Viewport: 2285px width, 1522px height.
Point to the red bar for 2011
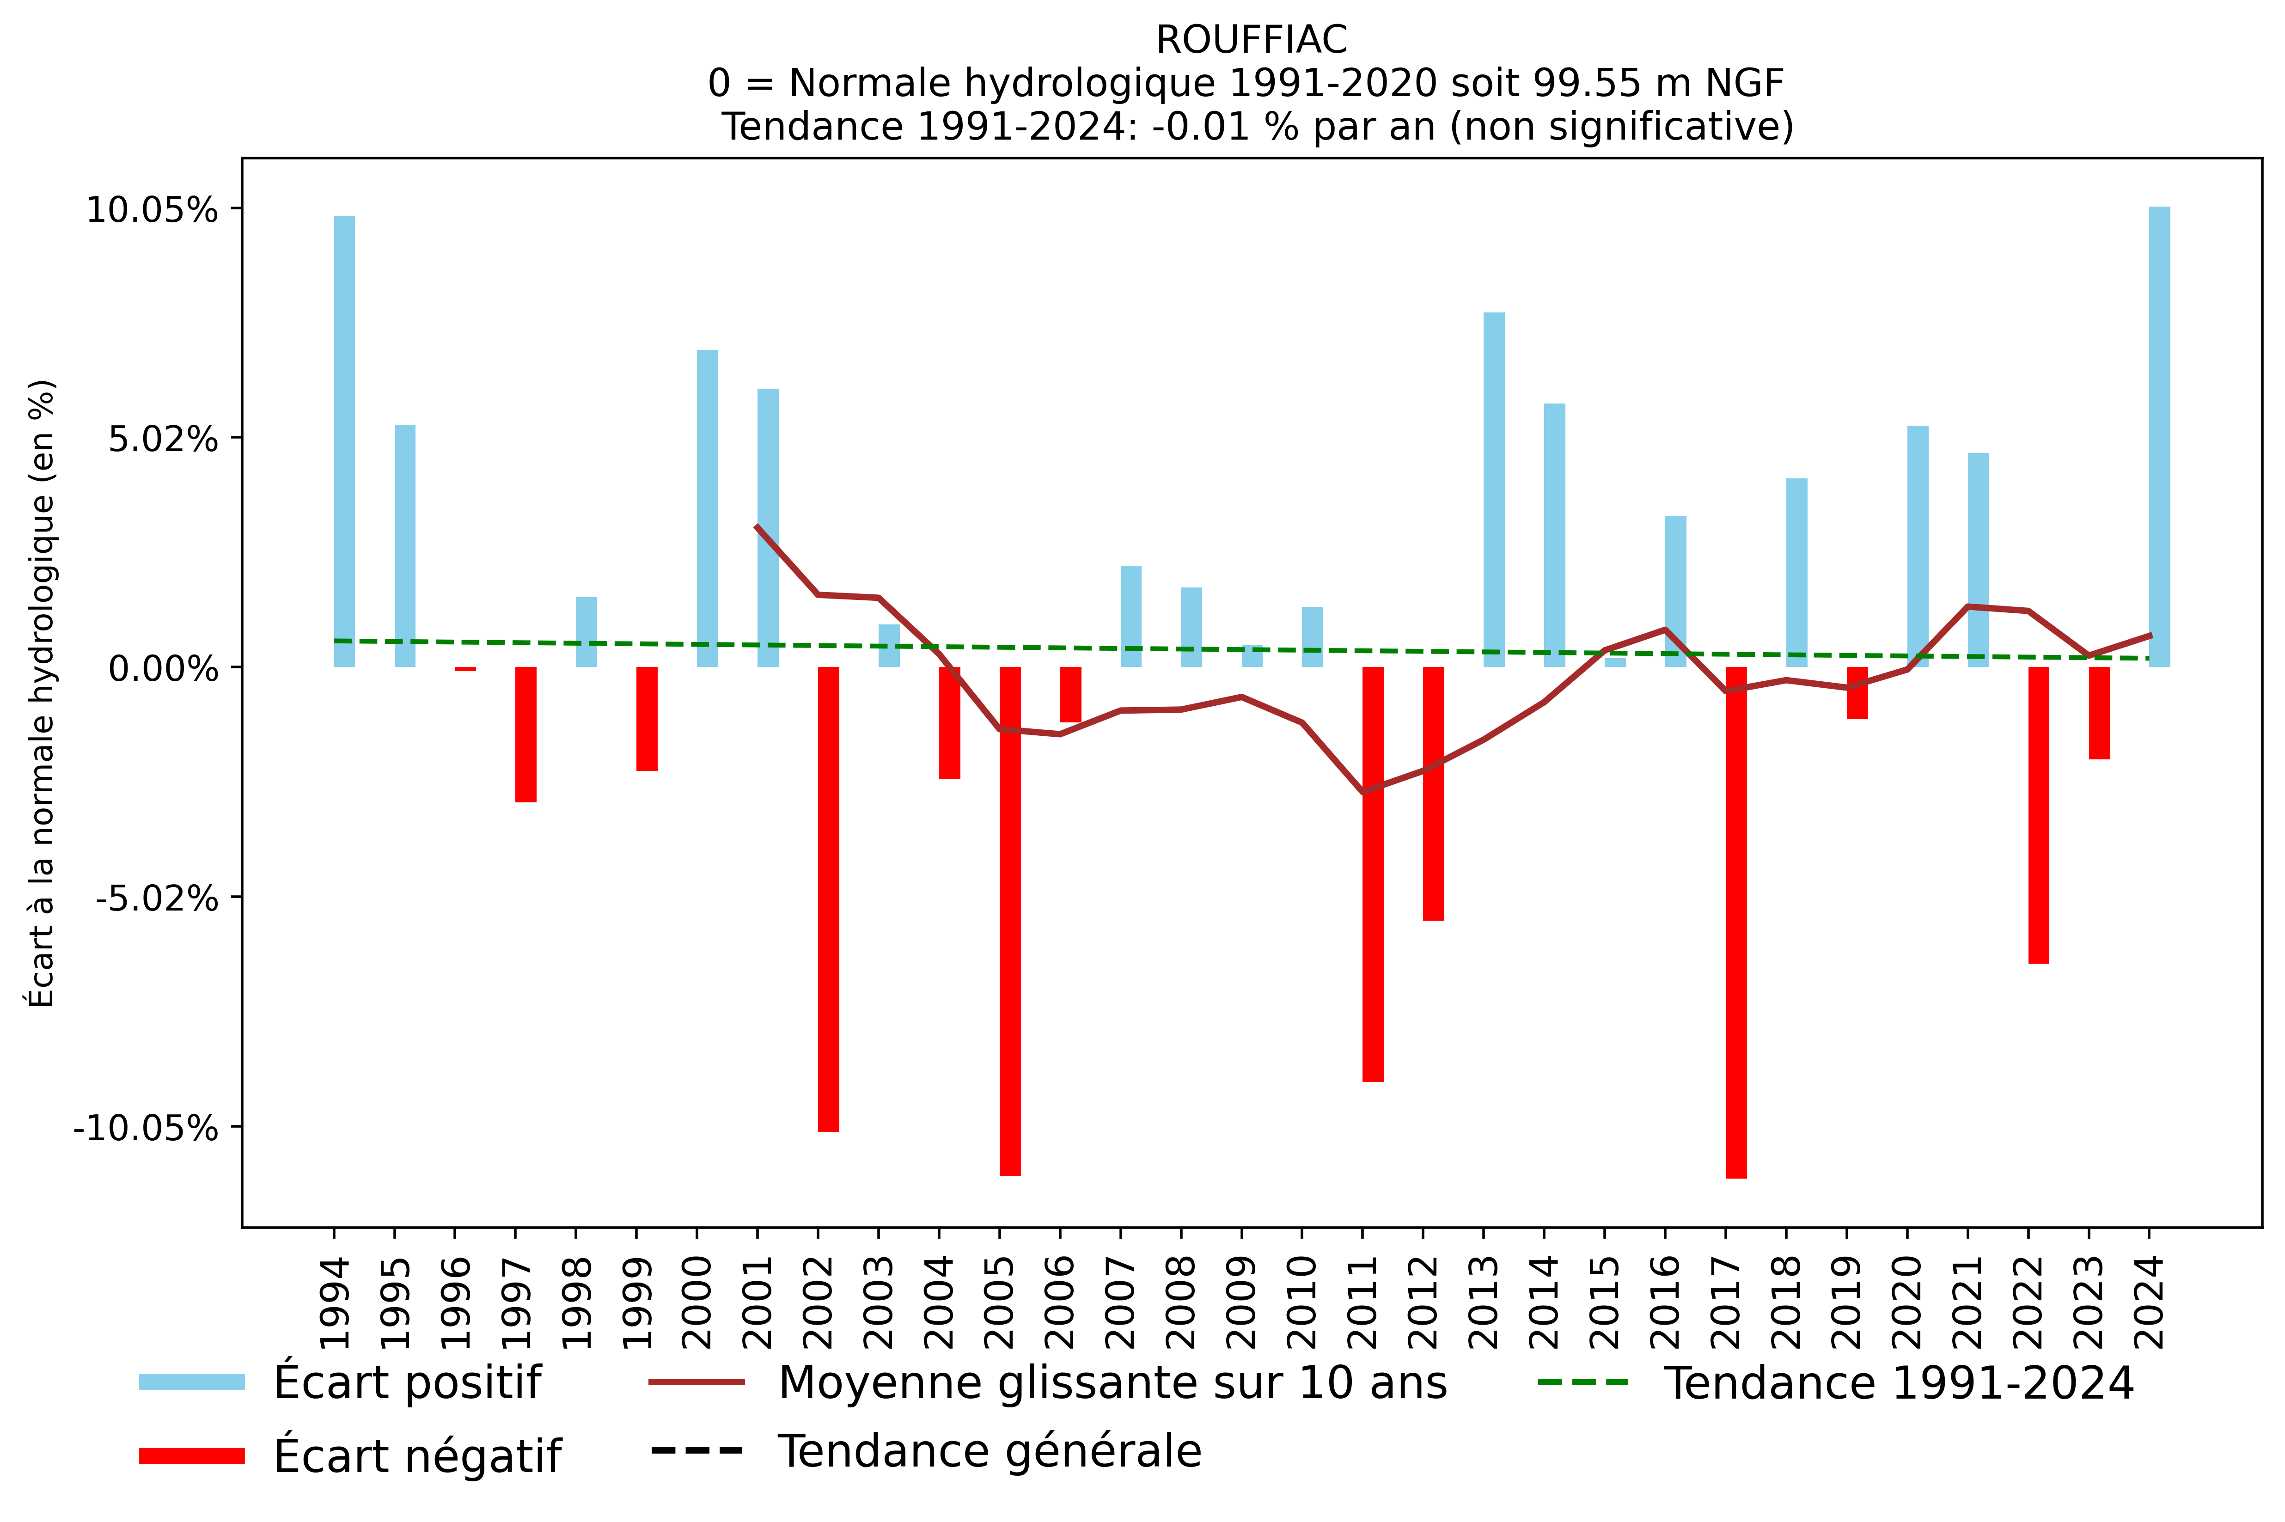(x=1373, y=874)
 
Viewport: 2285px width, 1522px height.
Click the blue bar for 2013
(x=1494, y=490)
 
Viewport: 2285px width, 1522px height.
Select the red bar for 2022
(x=2039, y=815)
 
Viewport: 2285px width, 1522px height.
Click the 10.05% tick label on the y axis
(x=153, y=210)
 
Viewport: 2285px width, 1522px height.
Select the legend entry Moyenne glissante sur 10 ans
(x=1112, y=1382)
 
